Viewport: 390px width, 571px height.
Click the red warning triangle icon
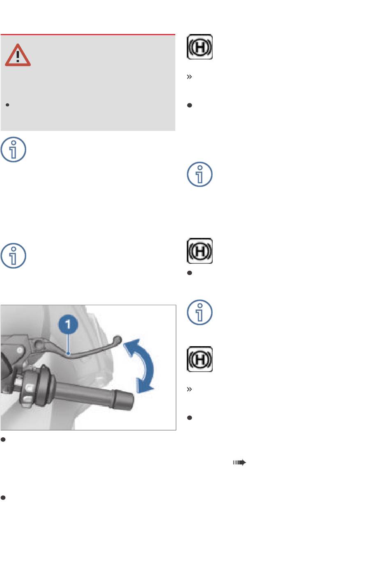[x=18, y=55]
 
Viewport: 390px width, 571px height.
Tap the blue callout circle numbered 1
[x=68, y=324]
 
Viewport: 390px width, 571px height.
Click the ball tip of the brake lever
[x=117, y=339]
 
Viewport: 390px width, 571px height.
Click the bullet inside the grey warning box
[x=7, y=105]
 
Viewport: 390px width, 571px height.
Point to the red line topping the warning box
[x=88, y=34]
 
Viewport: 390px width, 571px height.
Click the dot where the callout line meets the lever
[x=68, y=354]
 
